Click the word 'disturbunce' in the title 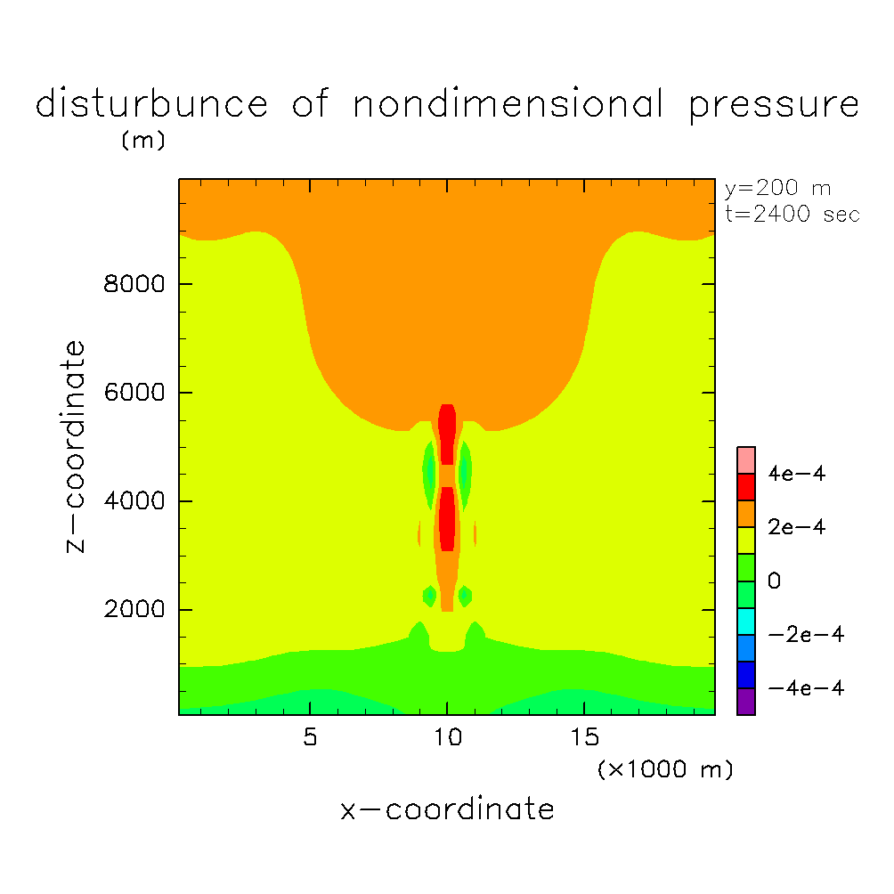[151, 104]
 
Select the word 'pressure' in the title [774, 106]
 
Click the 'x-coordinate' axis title [447, 809]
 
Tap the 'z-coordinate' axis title [77, 446]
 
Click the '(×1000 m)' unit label [665, 769]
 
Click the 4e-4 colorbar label [797, 474]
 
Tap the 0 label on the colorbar [775, 581]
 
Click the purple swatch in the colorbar [746, 702]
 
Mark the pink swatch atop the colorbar [746, 460]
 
